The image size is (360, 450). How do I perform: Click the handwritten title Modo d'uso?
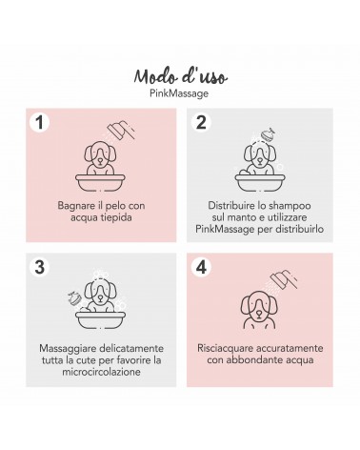click(180, 76)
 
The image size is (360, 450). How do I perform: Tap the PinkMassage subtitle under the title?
click(179, 93)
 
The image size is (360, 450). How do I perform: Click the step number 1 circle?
click(39, 122)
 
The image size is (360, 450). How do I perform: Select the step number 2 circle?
click(201, 122)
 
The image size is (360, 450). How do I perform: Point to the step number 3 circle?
click(39, 266)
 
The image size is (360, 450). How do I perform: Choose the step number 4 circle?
click(201, 266)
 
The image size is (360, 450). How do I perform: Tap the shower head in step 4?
click(284, 278)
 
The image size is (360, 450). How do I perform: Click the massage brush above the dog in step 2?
click(268, 133)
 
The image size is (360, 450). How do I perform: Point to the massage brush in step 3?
click(74, 298)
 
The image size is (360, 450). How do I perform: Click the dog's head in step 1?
click(100, 153)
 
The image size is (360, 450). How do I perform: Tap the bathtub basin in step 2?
click(260, 183)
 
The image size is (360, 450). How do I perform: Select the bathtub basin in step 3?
click(100, 320)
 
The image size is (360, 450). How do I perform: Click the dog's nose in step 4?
click(259, 314)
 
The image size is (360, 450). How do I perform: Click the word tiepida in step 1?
click(116, 218)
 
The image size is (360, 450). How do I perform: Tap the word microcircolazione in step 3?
click(101, 372)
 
